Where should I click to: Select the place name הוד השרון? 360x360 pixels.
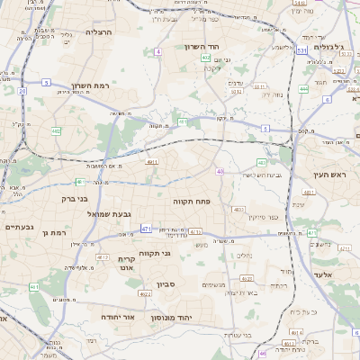pyautogui.click(x=202, y=47)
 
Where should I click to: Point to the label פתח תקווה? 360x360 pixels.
pyautogui.click(x=190, y=203)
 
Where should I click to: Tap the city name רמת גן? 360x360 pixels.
pyautogui.click(x=56, y=234)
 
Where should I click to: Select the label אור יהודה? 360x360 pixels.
pyautogui.click(x=116, y=318)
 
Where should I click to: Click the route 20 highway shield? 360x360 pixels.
pyautogui.click(x=22, y=90)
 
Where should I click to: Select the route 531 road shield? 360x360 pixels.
pyautogui.click(x=301, y=51)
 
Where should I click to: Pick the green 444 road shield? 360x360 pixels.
pyautogui.click(x=303, y=89)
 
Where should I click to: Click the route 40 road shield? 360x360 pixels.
pyautogui.click(x=220, y=170)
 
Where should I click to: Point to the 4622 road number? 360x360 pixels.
pyautogui.click(x=144, y=293)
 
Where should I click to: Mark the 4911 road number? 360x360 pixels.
pyautogui.click(x=151, y=163)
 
